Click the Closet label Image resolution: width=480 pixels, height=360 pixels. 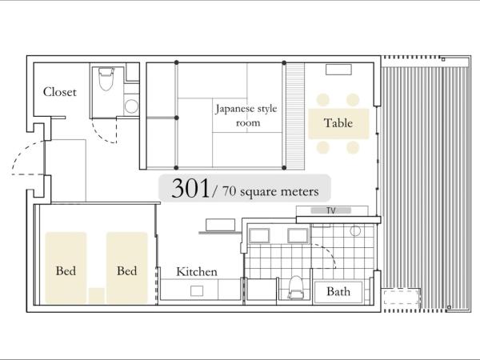pyautogui.click(x=59, y=92)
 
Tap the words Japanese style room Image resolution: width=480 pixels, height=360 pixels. pyautogui.click(x=246, y=115)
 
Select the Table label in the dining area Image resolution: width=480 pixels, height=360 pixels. pyautogui.click(x=338, y=123)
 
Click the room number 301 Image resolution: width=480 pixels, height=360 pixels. pyautogui.click(x=190, y=188)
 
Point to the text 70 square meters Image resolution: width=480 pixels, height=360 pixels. pyautogui.click(x=270, y=192)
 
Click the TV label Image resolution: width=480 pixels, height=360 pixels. pyautogui.click(x=331, y=210)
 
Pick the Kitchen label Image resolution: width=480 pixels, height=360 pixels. pyautogui.click(x=197, y=272)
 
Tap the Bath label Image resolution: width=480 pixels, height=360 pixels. pyautogui.click(x=338, y=291)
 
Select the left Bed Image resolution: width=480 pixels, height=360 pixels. pyautogui.click(x=66, y=267)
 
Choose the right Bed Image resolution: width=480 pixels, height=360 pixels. pyautogui.click(x=127, y=267)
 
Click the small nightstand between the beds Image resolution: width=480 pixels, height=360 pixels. pyautogui.click(x=97, y=295)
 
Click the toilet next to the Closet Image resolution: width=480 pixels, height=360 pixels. pyautogui.click(x=106, y=79)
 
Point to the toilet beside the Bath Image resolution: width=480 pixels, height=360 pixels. pyautogui.click(x=296, y=287)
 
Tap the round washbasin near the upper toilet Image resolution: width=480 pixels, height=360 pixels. pyautogui.click(x=132, y=106)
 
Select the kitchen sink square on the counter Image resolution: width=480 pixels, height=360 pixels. pyautogui.click(x=197, y=291)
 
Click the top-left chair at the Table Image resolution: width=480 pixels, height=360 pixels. pyautogui.click(x=323, y=100)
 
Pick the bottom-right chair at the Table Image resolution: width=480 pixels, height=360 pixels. pyautogui.click(x=353, y=147)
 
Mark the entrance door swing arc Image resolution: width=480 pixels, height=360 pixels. pyautogui.click(x=23, y=152)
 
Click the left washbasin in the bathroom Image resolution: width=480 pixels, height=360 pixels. pyautogui.click(x=259, y=236)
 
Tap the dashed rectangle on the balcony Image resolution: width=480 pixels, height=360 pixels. pyautogui.click(x=401, y=297)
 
